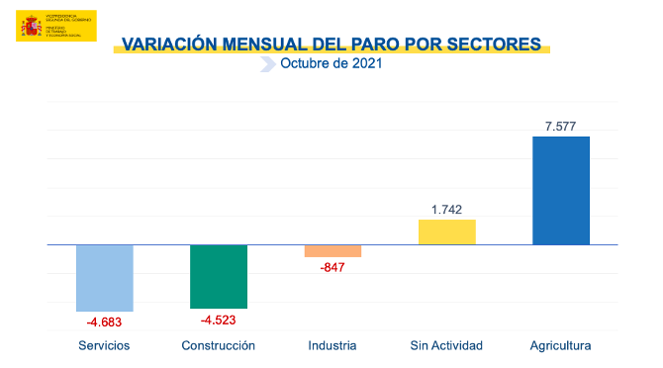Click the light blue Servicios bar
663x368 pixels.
(105, 278)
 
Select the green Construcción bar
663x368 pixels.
(219, 276)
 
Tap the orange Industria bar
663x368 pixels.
(332, 250)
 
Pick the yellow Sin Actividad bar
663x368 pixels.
(447, 231)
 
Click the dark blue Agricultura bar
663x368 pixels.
(561, 190)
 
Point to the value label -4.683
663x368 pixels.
(105, 322)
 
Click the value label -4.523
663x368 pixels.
(219, 320)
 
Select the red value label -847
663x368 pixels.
(332, 267)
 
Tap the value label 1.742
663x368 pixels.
(447, 209)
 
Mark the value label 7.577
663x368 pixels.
(561, 126)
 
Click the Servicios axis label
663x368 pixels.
(105, 345)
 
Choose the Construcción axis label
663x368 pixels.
(219, 345)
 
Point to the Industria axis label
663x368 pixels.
(332, 345)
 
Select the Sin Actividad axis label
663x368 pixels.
(446, 345)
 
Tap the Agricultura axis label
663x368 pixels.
(561, 345)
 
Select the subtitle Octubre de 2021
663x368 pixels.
(331, 64)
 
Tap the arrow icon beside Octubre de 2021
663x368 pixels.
(266, 64)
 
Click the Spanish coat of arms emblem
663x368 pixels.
(30, 26)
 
